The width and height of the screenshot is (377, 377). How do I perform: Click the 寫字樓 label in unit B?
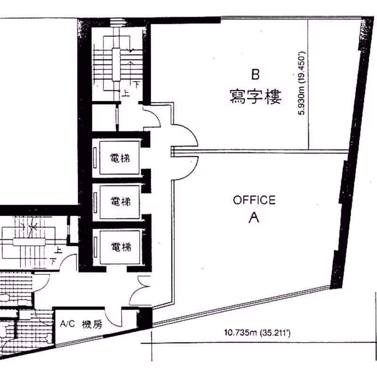(255, 97)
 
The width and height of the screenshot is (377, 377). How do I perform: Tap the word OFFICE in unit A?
(254, 200)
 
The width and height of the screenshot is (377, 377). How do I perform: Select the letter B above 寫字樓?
(255, 74)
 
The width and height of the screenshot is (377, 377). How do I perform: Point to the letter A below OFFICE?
(254, 218)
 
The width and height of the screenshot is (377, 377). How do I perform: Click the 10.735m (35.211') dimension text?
(257, 333)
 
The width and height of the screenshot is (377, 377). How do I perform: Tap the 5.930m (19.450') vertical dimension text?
(301, 83)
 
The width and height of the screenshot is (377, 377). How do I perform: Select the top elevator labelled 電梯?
(120, 158)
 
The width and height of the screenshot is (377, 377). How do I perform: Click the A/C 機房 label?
(81, 324)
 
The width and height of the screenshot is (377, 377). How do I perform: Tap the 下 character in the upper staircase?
(136, 84)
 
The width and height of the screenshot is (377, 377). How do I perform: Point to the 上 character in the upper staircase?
(125, 93)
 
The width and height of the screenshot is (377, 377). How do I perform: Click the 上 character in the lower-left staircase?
(58, 250)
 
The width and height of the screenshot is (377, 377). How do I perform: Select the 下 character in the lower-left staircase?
(53, 261)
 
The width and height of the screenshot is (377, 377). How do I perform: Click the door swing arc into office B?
(191, 131)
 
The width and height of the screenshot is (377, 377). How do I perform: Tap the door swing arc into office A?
(192, 172)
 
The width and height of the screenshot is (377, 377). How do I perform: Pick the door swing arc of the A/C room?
(109, 320)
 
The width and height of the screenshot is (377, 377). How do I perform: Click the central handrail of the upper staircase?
(116, 65)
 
